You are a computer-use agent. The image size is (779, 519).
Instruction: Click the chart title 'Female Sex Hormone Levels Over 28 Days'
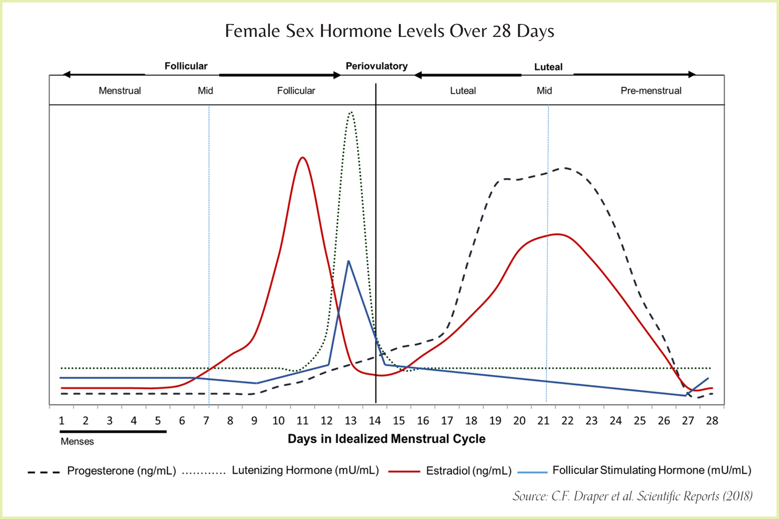tap(389, 31)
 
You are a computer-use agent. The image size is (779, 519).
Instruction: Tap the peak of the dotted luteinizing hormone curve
tap(352, 112)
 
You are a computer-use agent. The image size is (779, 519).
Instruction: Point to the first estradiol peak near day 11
tap(302, 158)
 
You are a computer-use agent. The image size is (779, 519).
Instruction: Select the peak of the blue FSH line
tap(348, 261)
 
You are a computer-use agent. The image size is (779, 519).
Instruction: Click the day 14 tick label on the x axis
tap(374, 421)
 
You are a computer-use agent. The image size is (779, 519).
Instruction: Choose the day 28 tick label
tap(712, 421)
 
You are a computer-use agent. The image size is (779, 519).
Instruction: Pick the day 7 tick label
tap(206, 421)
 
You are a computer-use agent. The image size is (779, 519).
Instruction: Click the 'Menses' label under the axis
tap(77, 442)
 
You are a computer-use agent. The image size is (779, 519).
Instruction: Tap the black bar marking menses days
tap(113, 431)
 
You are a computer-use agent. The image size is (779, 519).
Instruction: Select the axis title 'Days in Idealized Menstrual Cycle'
tap(386, 439)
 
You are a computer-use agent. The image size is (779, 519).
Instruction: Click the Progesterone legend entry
tap(122, 471)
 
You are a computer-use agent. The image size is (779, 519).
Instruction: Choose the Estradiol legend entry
tap(468, 471)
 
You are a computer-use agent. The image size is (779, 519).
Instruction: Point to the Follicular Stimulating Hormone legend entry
tap(651, 471)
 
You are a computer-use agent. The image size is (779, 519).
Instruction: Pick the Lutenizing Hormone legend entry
tap(305, 471)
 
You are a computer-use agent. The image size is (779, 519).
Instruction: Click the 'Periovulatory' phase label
tap(377, 66)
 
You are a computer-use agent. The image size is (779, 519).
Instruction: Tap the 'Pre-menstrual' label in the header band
tap(651, 91)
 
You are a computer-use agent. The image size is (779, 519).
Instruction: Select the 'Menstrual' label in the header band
tap(120, 91)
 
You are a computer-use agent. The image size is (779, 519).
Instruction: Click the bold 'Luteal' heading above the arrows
tap(548, 67)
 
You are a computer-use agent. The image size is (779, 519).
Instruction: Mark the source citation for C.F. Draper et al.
tap(633, 496)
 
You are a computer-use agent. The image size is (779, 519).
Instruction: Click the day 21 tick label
tap(543, 421)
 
